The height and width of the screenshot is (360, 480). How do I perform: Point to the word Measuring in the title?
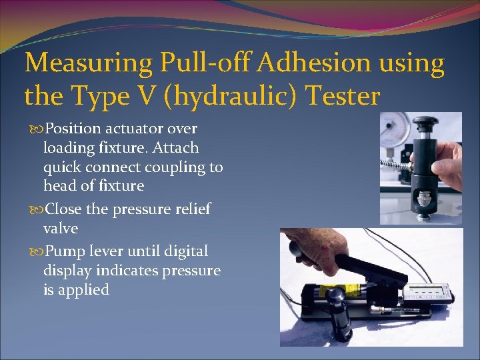point(87,64)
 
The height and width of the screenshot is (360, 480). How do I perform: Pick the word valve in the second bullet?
point(61,229)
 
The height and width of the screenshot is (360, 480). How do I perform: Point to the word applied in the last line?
point(82,290)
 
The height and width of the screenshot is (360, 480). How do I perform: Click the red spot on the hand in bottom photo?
point(324,249)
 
